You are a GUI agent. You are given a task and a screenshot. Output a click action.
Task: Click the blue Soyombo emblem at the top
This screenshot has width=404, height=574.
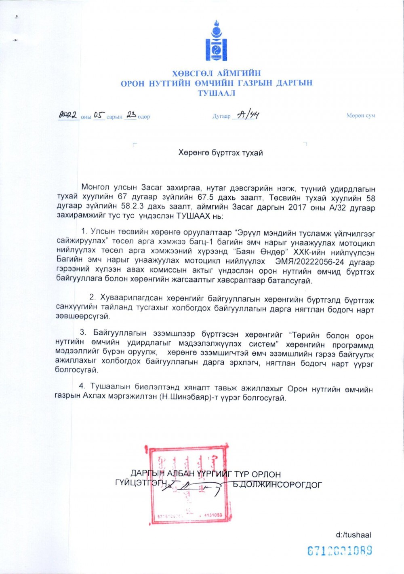(x=216, y=41)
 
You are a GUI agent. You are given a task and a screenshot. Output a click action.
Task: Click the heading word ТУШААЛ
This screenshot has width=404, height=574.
(x=217, y=93)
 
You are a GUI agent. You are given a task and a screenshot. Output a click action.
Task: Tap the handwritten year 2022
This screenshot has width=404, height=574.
(x=68, y=115)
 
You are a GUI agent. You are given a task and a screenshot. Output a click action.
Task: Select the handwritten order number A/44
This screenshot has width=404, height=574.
(x=248, y=115)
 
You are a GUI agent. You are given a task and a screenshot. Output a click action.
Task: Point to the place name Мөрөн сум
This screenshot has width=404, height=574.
(x=360, y=116)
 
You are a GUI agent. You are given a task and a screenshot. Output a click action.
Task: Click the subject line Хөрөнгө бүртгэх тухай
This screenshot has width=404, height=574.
(x=221, y=153)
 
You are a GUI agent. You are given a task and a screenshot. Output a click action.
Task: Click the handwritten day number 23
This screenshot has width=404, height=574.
(x=131, y=115)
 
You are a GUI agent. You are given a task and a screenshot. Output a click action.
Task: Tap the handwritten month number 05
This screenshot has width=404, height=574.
(x=99, y=115)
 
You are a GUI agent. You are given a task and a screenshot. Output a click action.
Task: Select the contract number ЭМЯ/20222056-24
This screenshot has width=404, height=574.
(x=309, y=262)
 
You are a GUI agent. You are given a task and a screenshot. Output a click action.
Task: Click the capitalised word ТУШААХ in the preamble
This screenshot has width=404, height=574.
(x=194, y=216)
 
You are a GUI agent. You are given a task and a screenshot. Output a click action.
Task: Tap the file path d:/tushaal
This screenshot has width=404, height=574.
(x=353, y=535)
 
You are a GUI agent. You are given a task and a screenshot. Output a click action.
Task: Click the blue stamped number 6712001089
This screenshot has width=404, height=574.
(x=339, y=551)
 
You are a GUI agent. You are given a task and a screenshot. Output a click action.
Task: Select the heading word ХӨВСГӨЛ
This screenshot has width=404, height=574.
(x=192, y=74)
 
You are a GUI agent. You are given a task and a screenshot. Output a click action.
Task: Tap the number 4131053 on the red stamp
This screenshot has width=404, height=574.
(x=213, y=515)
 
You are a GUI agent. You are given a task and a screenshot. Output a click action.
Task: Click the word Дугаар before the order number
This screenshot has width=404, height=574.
(x=221, y=116)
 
